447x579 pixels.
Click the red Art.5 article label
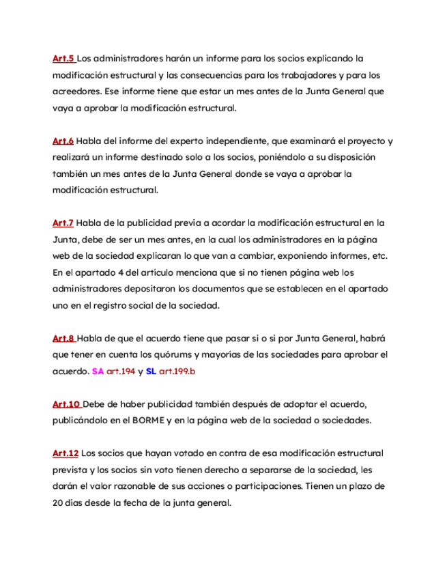point(63,59)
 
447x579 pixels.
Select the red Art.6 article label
point(63,141)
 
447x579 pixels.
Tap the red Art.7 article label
point(63,223)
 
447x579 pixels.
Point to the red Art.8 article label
point(63,339)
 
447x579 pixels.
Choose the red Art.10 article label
point(66,404)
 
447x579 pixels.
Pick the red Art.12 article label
point(66,453)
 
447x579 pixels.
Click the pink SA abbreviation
point(98,372)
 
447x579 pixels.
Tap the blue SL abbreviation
point(151,372)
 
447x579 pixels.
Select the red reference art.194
point(121,372)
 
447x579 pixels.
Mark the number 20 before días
point(58,503)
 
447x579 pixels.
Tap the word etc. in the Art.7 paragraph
point(378,256)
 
